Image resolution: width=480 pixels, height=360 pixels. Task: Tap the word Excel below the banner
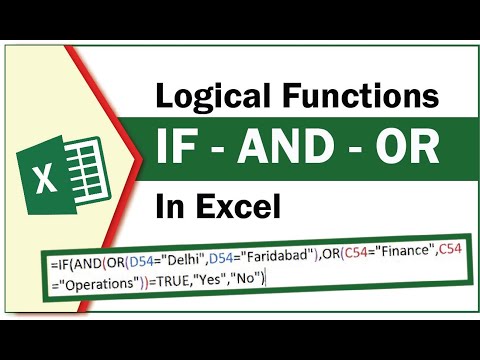(237, 207)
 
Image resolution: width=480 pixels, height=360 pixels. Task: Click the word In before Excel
(169, 207)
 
